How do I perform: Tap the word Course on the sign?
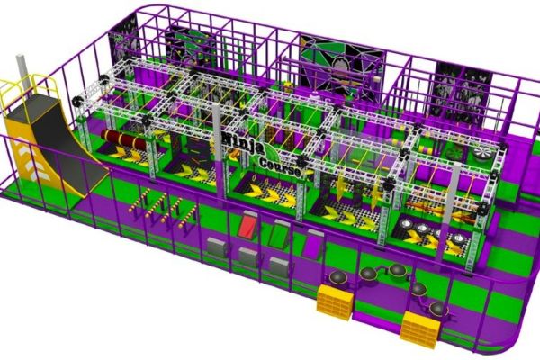pyautogui.click(x=280, y=166)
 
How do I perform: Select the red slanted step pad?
pyautogui.click(x=248, y=226)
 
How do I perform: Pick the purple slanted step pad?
pyautogui.click(x=312, y=244)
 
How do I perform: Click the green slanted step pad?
pyautogui.click(x=280, y=234)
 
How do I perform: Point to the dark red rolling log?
pyautogui.click(x=123, y=139)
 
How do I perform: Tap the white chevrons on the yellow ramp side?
pyautogui.click(x=34, y=161)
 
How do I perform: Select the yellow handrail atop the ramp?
pyautogui.click(x=30, y=89)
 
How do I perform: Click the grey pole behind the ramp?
pyautogui.click(x=22, y=74)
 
